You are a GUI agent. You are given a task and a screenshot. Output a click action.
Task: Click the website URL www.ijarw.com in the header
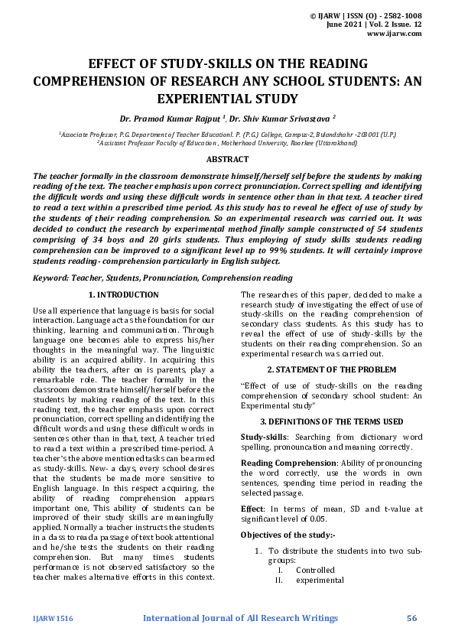(395, 34)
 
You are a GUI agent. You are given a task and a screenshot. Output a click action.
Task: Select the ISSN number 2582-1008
(400, 15)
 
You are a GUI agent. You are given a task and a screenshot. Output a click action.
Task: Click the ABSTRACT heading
(227, 159)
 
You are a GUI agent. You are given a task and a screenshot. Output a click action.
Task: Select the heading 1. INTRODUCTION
(123, 294)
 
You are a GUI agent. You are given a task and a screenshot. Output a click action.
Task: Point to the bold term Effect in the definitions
(252, 509)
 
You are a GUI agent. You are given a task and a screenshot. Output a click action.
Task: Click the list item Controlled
(315, 570)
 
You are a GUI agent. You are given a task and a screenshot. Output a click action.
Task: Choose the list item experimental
(320, 580)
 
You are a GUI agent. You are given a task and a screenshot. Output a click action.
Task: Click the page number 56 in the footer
(411, 617)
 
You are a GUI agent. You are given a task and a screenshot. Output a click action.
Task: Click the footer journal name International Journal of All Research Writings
(240, 617)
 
